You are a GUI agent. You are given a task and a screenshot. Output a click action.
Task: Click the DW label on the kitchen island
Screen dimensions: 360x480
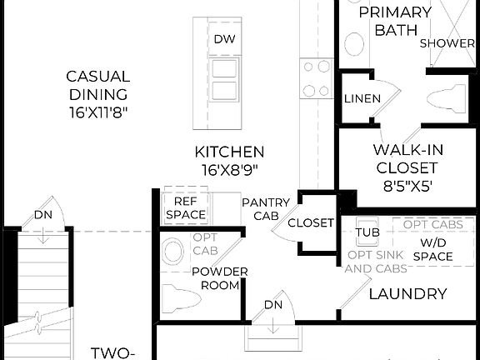[x=222, y=39]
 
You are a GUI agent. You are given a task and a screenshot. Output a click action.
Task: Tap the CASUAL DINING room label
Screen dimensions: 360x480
[x=97, y=85]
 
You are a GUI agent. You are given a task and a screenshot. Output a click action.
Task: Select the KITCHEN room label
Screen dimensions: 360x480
[x=229, y=152]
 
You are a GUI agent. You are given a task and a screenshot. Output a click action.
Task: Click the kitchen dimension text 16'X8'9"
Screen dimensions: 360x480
[x=229, y=169]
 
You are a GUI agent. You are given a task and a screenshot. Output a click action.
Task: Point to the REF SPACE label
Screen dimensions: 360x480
[x=184, y=207]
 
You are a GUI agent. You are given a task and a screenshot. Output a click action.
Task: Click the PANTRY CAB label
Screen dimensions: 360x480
[x=266, y=209]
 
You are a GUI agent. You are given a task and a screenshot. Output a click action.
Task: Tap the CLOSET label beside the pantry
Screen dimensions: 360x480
[x=311, y=223]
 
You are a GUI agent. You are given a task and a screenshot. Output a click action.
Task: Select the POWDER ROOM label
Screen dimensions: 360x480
[x=219, y=278]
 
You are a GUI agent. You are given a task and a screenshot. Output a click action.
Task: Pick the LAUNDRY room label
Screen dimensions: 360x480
[x=407, y=293]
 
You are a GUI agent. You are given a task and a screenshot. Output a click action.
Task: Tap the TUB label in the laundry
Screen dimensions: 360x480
[x=367, y=232]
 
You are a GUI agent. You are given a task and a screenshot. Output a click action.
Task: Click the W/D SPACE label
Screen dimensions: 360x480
[x=432, y=249]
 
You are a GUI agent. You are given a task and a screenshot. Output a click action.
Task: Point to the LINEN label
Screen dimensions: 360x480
[x=362, y=98]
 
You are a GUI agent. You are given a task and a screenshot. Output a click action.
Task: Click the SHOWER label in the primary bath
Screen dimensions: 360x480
[x=447, y=43]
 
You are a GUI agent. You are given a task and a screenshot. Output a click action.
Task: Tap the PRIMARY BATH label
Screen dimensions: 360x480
[x=395, y=22]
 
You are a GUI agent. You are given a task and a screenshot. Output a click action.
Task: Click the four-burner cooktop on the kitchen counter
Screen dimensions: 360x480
[x=317, y=77]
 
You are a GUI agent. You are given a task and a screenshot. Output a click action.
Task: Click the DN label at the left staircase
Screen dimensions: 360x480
[x=43, y=215]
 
